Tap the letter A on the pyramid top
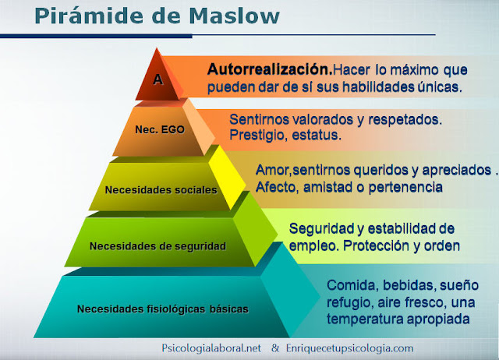tap(157, 78)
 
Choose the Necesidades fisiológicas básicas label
tap(163, 309)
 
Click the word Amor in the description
tap(271, 170)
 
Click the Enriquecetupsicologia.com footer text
tap(350, 348)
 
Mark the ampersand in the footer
tap(274, 348)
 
